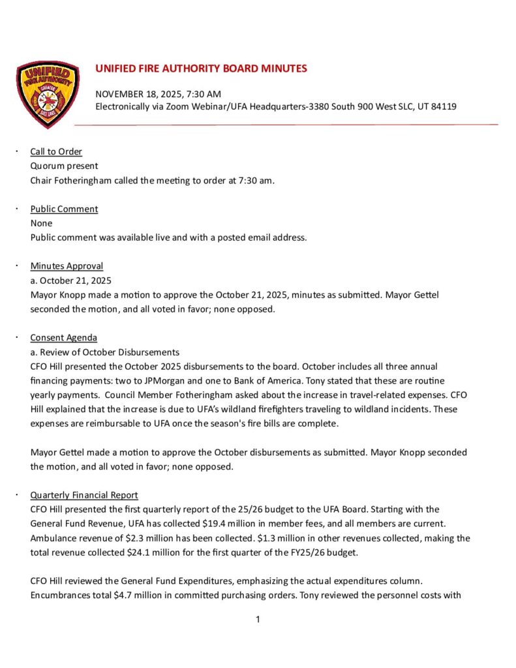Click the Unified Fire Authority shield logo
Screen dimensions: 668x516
(48, 94)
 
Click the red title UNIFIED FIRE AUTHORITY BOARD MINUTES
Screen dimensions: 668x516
(201, 68)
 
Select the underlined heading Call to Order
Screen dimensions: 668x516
(56, 152)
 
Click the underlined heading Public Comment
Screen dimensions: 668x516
(64, 209)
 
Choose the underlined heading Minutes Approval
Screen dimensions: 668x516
(67, 266)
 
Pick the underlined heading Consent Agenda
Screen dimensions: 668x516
(63, 338)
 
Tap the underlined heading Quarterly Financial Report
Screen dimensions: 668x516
(84, 495)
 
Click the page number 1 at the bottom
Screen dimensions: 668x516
(258, 620)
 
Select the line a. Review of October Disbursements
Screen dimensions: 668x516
(105, 352)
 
